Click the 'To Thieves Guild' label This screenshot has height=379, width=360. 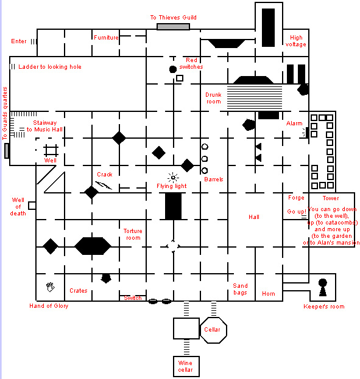173,18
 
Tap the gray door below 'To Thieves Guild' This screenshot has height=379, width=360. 173,27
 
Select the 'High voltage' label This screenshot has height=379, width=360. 296,41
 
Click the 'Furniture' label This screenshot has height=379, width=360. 106,38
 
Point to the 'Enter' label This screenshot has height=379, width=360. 19,41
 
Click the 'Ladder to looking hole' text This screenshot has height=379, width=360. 50,67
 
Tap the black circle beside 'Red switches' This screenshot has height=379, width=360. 173,69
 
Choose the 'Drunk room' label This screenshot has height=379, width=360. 213,98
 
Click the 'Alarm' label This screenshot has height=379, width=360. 294,123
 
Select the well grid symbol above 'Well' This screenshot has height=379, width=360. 51,150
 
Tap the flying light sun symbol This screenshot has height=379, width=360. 173,178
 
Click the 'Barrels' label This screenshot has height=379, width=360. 214,179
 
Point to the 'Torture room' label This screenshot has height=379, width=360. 133,234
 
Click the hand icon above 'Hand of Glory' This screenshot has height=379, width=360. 51,287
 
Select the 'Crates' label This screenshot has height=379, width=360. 78,291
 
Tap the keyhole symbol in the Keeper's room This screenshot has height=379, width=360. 323,287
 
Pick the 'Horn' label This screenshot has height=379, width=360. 269,294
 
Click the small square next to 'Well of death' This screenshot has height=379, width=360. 32,206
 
